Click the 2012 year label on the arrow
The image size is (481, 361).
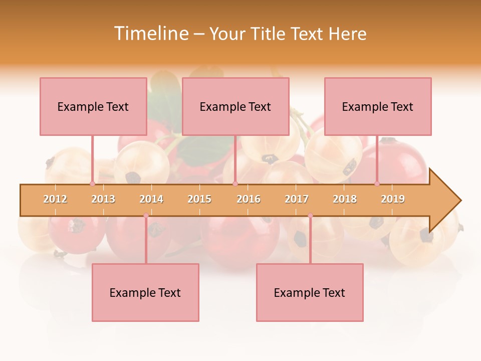tap(55, 199)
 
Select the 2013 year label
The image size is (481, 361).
tap(103, 199)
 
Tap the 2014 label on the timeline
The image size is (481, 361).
tap(151, 199)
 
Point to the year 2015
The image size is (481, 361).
tap(199, 199)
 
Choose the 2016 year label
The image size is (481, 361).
tap(249, 199)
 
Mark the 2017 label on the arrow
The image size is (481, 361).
tap(297, 199)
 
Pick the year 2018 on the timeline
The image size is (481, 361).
tap(345, 199)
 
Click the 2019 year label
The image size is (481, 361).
tap(393, 199)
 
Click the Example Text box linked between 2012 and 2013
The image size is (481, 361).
tap(93, 106)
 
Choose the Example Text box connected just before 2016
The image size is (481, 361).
tap(235, 106)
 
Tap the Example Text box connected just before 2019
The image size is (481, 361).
tap(378, 106)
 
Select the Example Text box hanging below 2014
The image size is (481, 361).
tap(145, 292)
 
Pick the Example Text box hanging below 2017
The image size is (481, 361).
tap(310, 292)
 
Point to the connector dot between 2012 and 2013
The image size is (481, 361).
tap(92, 184)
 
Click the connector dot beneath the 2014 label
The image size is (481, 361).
tap(146, 216)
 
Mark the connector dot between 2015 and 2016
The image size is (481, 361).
tap(235, 184)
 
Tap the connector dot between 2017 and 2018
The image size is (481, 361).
tap(310, 216)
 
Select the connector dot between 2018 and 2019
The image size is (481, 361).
tap(377, 184)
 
